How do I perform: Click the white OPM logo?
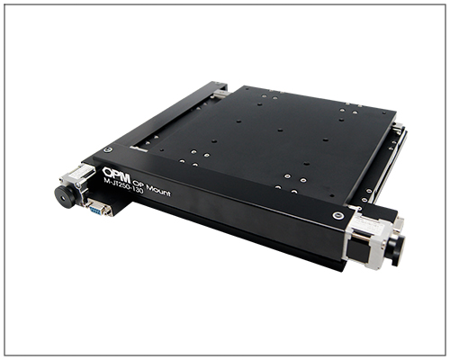click(x=116, y=175)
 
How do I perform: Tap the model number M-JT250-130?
click(x=123, y=185)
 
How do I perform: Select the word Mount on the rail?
click(x=157, y=189)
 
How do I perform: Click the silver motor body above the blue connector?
click(x=78, y=179)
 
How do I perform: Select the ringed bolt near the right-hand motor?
click(x=338, y=215)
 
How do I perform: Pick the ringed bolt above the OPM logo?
click(x=109, y=149)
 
